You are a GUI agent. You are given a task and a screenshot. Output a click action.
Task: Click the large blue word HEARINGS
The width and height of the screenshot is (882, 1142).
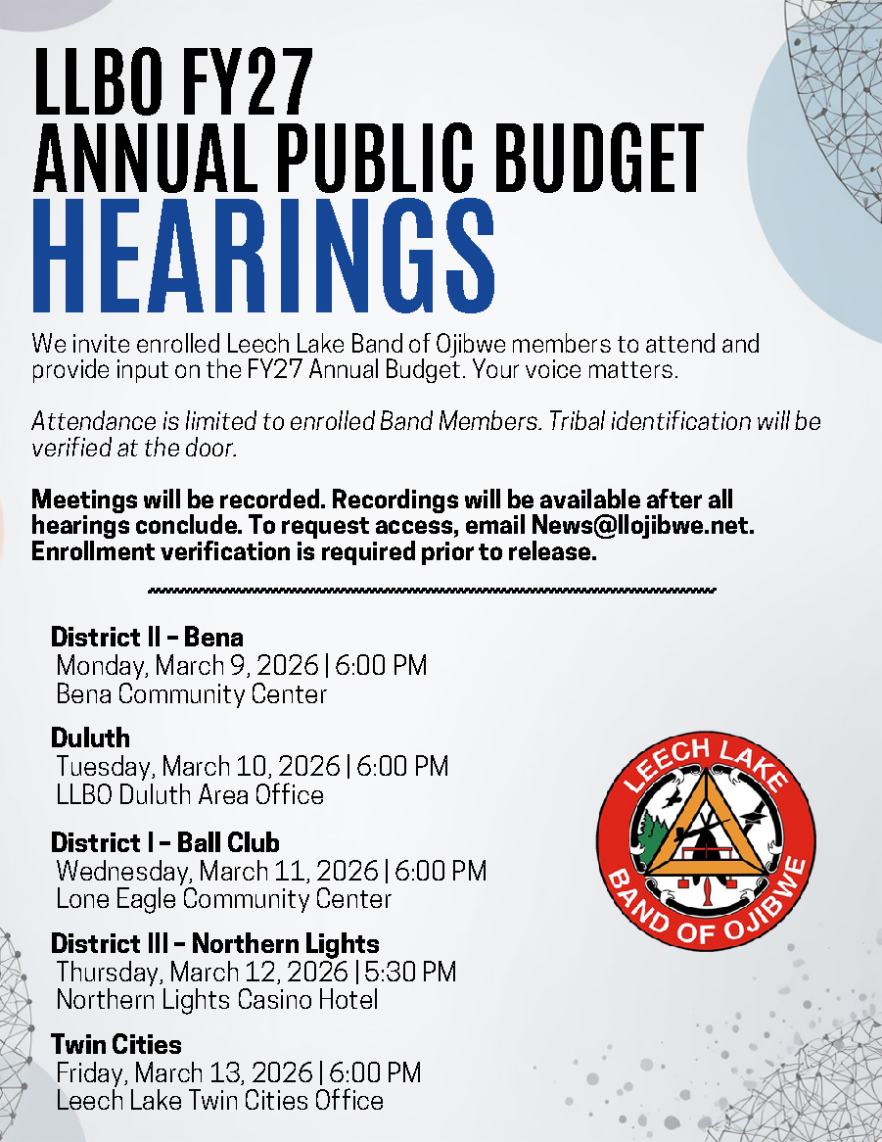(x=264, y=258)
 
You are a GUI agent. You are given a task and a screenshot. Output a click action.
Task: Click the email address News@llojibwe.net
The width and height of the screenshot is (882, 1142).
(x=641, y=525)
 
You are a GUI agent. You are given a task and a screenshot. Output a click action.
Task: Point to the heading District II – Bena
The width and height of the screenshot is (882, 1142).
(x=147, y=638)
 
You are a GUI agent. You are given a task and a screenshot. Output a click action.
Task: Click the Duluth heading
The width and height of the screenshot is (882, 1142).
(x=90, y=738)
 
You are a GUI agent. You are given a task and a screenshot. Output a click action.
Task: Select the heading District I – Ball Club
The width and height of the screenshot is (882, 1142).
(x=164, y=842)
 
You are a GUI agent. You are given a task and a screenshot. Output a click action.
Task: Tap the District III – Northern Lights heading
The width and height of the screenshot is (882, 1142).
(x=214, y=944)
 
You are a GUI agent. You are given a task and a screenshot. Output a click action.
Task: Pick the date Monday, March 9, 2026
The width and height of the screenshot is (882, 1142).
(x=187, y=666)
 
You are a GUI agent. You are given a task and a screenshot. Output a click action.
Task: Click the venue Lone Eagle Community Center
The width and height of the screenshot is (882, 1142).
(x=223, y=898)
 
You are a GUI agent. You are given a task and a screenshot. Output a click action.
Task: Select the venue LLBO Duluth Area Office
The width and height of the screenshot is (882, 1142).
(x=190, y=794)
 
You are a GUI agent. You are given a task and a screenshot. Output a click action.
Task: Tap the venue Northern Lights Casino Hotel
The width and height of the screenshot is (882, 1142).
(x=216, y=1000)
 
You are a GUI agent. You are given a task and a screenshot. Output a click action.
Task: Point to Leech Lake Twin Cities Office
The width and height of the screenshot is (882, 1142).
(x=219, y=1100)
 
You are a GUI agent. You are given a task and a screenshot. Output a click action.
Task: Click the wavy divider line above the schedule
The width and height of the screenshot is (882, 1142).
(x=432, y=591)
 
